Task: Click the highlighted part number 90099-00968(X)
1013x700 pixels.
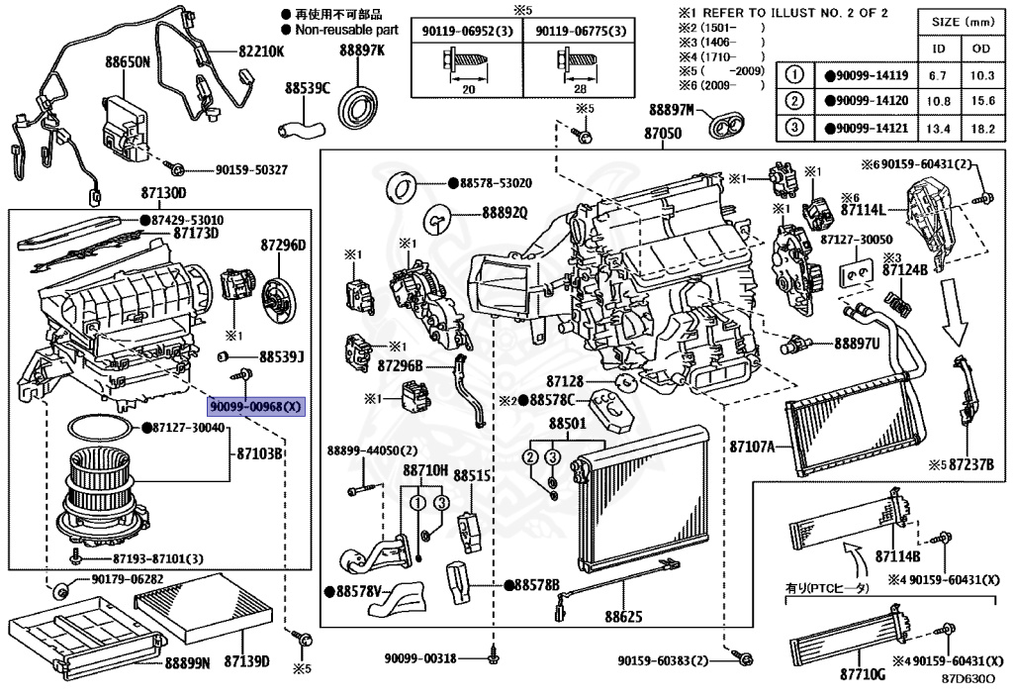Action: (257, 407)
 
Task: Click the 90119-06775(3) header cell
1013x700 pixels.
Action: (581, 32)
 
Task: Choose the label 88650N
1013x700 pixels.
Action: (129, 61)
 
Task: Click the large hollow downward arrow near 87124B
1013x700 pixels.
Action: (955, 308)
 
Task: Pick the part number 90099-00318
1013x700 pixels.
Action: (421, 659)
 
